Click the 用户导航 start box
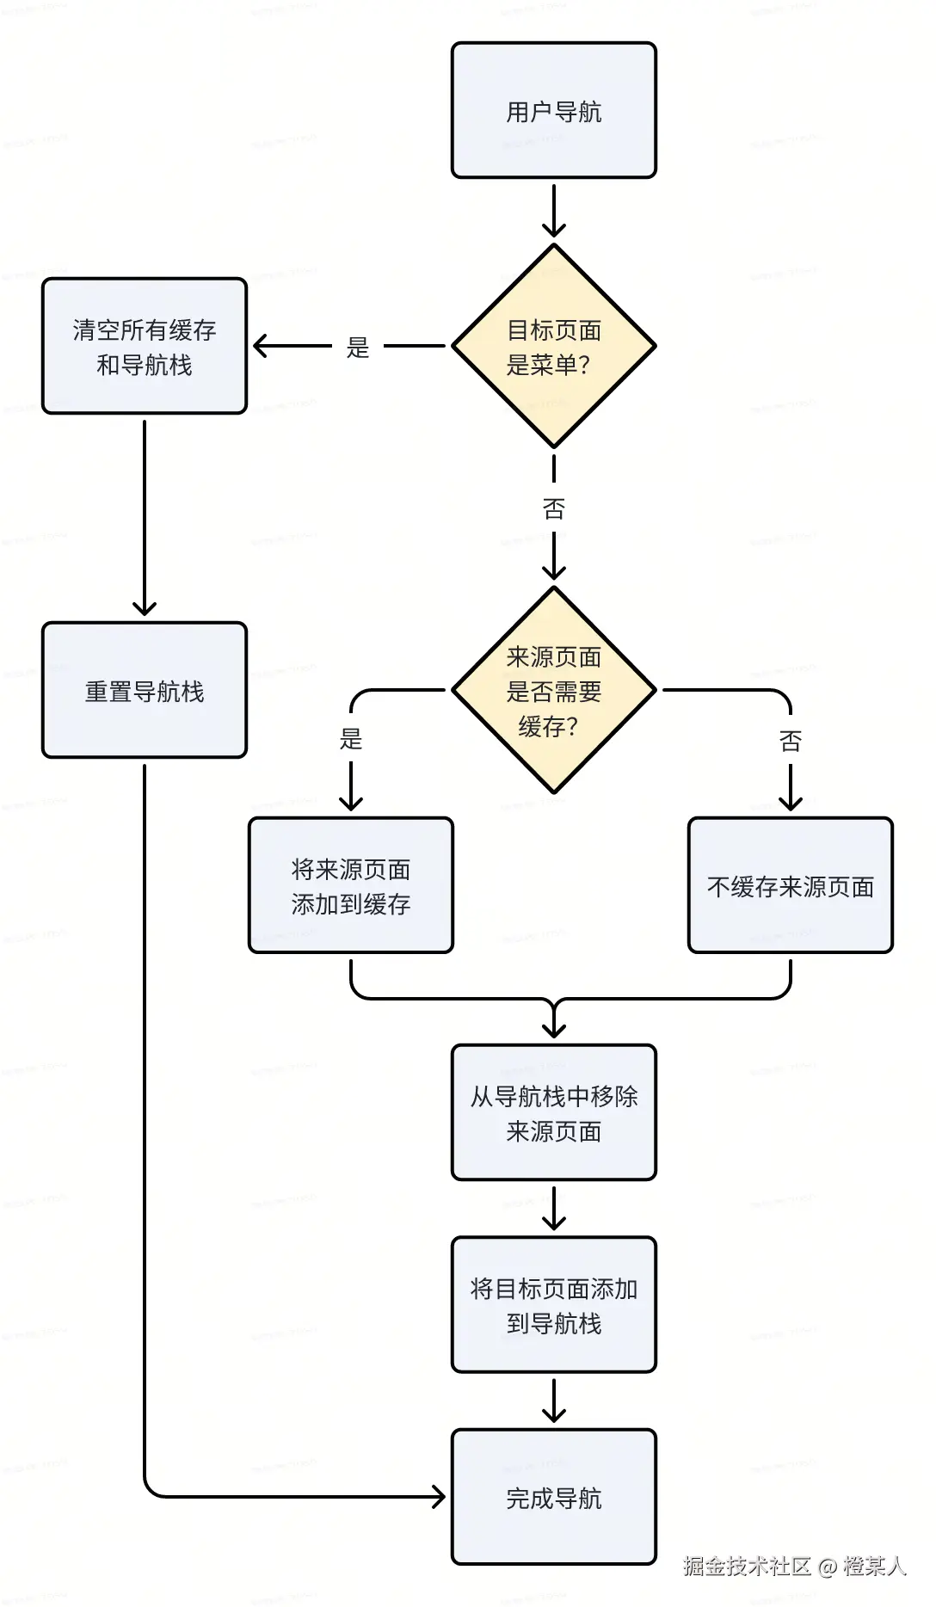point(553,111)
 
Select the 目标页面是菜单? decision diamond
point(553,347)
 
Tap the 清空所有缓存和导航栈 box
point(145,347)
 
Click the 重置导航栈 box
point(145,691)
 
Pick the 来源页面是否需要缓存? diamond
point(553,691)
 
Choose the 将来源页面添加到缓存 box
point(350,885)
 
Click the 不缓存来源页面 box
point(790,885)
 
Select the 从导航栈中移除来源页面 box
point(553,1112)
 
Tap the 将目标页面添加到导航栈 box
point(553,1305)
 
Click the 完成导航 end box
point(553,1498)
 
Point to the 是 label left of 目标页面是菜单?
point(357,348)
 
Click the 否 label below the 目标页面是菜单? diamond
point(553,509)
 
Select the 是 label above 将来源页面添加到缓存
point(350,738)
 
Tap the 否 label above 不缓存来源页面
point(790,741)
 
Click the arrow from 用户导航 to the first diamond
point(553,211)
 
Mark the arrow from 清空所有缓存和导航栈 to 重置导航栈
point(145,516)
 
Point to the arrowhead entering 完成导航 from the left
point(438,1497)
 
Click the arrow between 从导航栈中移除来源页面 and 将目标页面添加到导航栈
point(553,1209)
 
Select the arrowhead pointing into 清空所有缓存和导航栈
point(261,347)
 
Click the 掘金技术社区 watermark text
point(747,1566)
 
